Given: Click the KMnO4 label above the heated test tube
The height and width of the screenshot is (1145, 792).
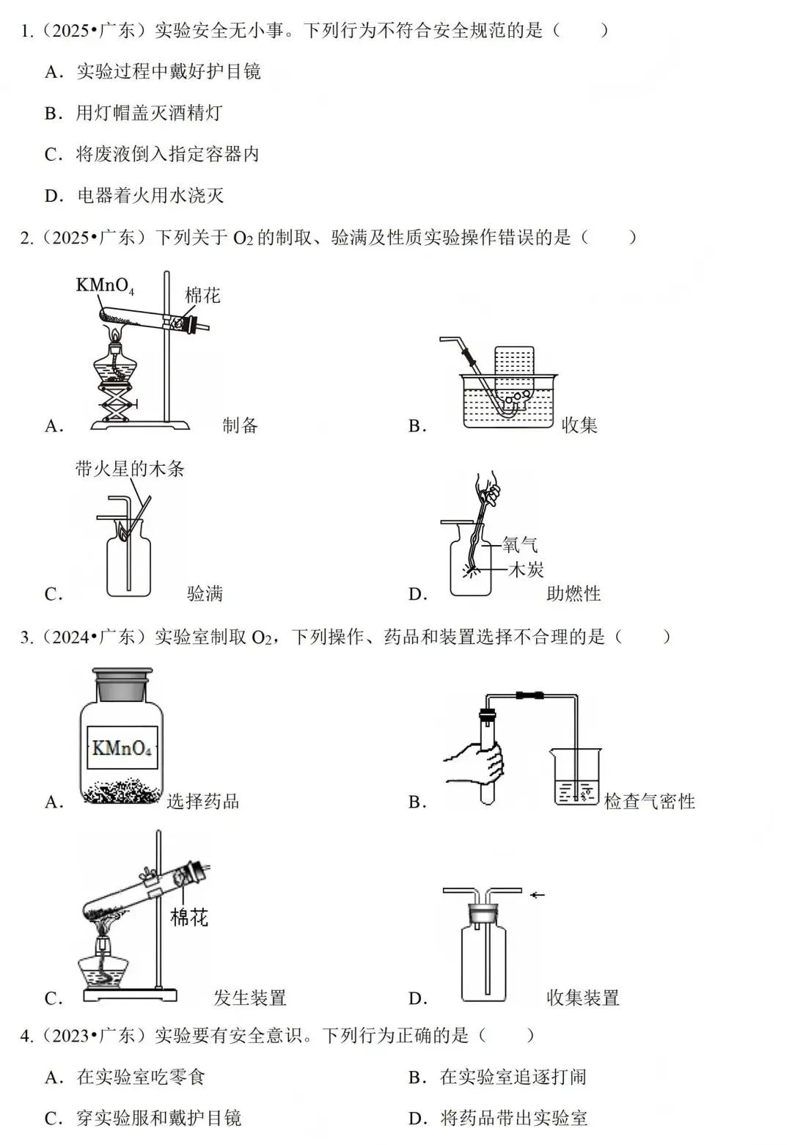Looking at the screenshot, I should click(105, 285).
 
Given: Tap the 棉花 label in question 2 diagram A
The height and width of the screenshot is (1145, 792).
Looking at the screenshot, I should click(202, 296).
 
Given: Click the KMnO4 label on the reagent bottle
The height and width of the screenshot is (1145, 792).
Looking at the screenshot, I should click(122, 749).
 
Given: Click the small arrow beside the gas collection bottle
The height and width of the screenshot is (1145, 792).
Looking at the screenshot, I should click(538, 894).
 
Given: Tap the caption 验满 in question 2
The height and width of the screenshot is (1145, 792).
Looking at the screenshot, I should click(205, 593).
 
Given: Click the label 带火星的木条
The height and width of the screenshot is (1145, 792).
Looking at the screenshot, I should click(130, 469).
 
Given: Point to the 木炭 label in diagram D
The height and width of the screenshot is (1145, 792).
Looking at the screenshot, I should click(526, 569).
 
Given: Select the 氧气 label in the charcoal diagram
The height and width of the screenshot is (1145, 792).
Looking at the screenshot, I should click(520, 544).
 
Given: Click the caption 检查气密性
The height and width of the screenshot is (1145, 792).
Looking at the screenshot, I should click(649, 802).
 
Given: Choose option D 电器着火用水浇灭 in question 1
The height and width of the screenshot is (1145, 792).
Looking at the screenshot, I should click(150, 196).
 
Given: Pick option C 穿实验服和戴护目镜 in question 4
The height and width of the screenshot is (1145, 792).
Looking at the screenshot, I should click(158, 1118).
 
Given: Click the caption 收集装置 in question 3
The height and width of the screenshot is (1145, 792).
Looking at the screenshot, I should click(583, 998).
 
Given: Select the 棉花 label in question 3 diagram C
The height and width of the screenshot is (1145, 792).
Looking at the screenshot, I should click(189, 917).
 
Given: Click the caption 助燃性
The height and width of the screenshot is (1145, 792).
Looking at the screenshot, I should click(573, 593).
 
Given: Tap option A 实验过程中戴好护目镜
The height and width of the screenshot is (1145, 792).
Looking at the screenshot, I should click(168, 72).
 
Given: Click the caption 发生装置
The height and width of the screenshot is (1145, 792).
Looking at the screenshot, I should click(249, 998).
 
